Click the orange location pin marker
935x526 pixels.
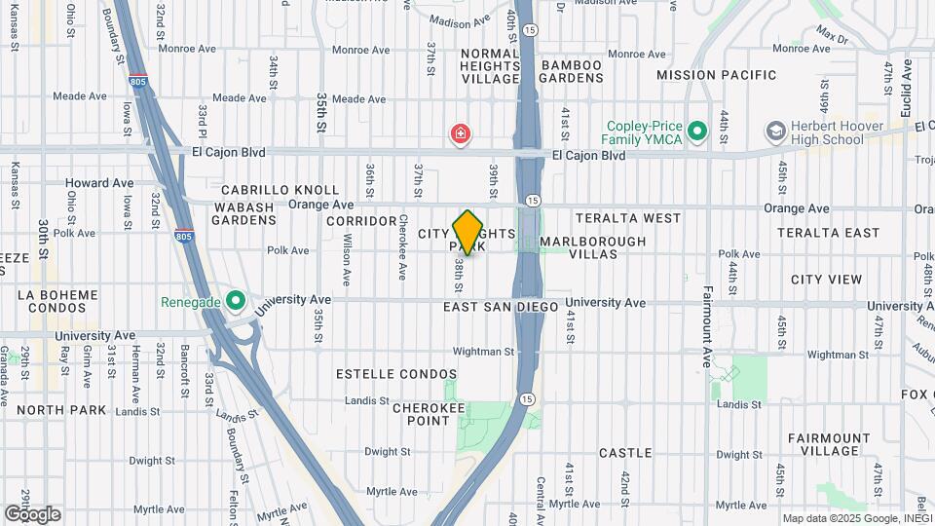468,232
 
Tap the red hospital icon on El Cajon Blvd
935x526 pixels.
460,133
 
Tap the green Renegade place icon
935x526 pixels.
235,301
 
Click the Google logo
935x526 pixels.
33,514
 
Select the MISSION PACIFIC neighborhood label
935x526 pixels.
717,75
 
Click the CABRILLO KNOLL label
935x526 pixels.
280,190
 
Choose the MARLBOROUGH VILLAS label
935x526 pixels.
592,247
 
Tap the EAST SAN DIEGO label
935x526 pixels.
501,307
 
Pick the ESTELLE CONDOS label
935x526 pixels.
396,374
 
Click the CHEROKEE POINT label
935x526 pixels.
429,414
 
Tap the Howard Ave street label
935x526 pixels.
99,183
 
